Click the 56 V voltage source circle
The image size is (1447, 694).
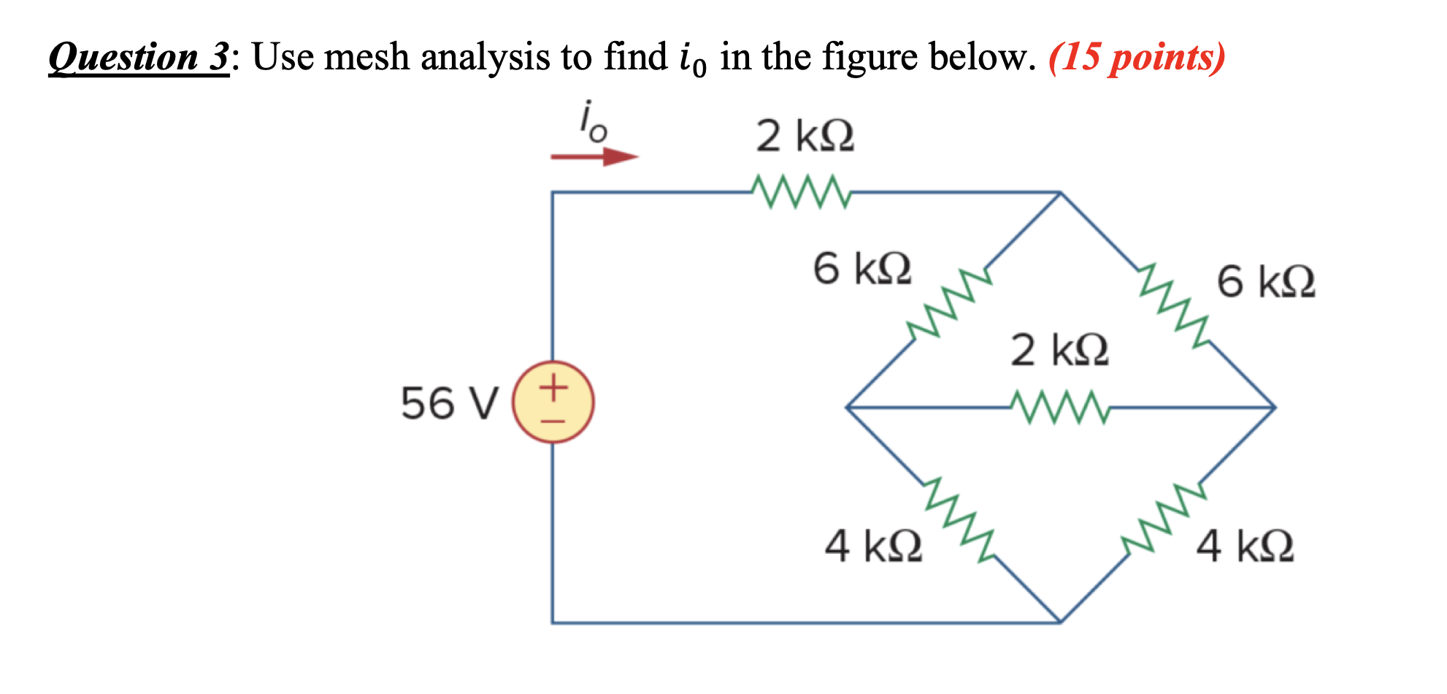click(x=553, y=403)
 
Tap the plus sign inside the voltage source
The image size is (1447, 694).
click(x=553, y=386)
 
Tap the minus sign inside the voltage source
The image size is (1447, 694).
click(x=553, y=422)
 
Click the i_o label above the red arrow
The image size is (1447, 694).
click(x=592, y=122)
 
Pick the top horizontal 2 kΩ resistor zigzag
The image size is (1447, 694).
click(x=800, y=192)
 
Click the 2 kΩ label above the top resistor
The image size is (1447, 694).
click(x=805, y=137)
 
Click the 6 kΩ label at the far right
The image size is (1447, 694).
click(x=1265, y=283)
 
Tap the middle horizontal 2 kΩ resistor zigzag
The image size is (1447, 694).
click(x=1060, y=407)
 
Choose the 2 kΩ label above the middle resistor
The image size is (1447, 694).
click(x=1059, y=350)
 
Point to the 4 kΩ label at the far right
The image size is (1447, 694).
click(x=1245, y=546)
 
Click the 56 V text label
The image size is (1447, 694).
click(x=449, y=403)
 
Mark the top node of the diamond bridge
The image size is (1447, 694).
click(x=1060, y=193)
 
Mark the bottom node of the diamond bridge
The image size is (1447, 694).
click(x=1060, y=622)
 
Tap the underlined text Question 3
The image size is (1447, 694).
click(x=139, y=57)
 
